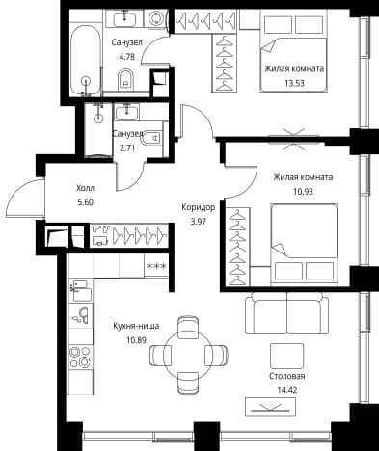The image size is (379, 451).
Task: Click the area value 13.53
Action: point(294,84)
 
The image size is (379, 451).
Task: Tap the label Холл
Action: point(85,188)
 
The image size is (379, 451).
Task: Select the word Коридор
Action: point(198,207)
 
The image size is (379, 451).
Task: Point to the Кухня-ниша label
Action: point(136,326)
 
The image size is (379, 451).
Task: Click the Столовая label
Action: point(287,376)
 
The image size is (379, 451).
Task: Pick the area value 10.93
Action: point(303,192)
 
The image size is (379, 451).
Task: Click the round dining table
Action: point(188,355)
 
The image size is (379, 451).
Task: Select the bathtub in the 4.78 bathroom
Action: point(85,60)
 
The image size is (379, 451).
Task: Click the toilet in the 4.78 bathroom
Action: point(126,79)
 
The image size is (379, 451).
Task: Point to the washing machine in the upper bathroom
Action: point(156,17)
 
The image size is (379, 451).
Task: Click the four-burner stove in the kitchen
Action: point(80,357)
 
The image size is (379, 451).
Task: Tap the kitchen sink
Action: point(81,315)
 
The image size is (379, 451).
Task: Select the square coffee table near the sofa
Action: point(286,356)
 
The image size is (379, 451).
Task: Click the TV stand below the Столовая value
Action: point(270,407)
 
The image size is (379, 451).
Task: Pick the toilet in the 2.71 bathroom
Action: point(151,138)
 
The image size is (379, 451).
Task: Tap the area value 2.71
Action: point(128,148)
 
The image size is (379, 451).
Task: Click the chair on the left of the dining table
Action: point(159,355)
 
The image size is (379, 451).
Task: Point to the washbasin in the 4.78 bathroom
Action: point(124,17)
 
